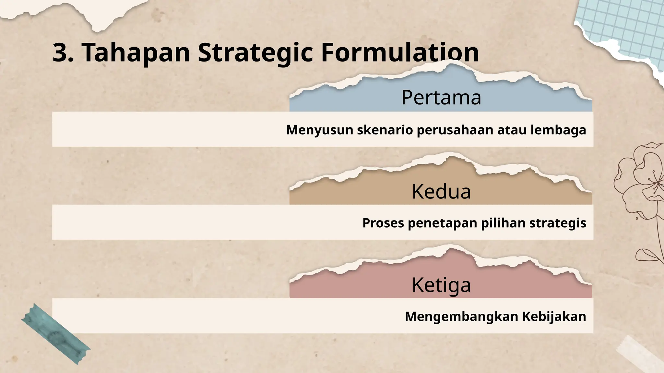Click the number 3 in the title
coord(61,53)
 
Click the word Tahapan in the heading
coord(136,53)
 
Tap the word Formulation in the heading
coord(400,53)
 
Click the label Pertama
coord(441,97)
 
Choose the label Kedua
coord(441,191)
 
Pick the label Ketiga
coord(441,285)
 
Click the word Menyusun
coord(319,130)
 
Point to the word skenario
coord(385,130)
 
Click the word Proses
coord(383,223)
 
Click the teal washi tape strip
coord(56,334)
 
